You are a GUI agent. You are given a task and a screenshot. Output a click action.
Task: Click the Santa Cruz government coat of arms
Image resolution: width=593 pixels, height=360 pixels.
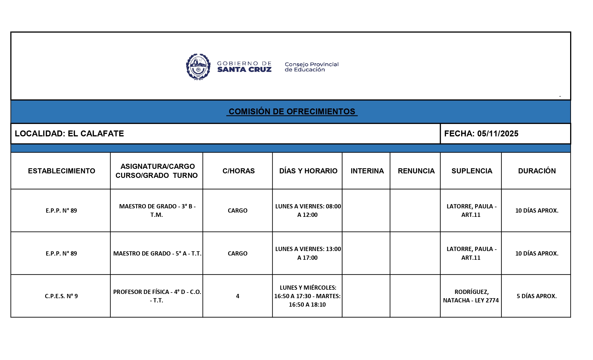[x=198, y=67]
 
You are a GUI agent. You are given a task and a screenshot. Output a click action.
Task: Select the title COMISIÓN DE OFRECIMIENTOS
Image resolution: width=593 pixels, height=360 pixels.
[x=292, y=112]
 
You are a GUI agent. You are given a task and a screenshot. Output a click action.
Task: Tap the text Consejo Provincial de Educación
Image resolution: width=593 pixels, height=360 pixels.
[x=311, y=67]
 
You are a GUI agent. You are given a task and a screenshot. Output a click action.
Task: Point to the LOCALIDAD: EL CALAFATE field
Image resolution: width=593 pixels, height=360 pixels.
[x=69, y=134]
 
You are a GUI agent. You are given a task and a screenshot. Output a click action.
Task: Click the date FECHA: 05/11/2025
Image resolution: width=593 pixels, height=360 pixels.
[x=481, y=134]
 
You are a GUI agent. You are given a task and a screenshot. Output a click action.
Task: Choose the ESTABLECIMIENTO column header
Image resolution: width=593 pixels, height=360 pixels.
[x=62, y=171]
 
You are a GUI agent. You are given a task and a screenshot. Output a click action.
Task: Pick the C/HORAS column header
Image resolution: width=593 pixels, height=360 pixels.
[x=238, y=171]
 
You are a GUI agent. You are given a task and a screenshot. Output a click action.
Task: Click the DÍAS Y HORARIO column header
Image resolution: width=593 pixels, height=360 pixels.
[x=308, y=171]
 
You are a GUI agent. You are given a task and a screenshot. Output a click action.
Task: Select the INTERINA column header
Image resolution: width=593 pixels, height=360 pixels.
[x=367, y=171]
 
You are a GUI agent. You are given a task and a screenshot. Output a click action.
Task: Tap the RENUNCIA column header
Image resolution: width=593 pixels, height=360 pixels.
[x=416, y=171]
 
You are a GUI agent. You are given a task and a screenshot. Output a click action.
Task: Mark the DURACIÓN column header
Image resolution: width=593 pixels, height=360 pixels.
[x=537, y=171]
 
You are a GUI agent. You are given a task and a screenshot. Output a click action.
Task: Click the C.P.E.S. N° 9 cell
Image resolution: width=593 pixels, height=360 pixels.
[x=61, y=296]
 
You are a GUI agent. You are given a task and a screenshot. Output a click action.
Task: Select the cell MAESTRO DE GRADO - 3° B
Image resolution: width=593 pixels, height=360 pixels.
[x=157, y=210]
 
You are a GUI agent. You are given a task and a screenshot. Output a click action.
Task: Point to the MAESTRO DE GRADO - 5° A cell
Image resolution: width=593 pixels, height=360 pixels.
[x=157, y=253]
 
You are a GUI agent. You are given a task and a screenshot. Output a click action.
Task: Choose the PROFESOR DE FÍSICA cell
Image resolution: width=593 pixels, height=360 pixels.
[x=157, y=296]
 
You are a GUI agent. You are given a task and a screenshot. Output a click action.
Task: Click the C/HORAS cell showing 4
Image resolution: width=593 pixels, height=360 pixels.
[x=237, y=296]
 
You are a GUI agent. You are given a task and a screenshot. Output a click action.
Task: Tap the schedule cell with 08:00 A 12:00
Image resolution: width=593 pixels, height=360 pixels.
[x=308, y=210]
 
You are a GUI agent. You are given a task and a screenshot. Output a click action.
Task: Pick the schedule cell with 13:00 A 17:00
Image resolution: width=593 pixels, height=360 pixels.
[x=308, y=253]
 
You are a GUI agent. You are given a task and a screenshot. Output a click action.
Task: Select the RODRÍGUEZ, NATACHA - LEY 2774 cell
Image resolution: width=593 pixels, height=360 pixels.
[x=471, y=296]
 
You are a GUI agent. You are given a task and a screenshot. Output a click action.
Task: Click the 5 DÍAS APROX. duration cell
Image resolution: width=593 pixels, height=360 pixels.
[x=537, y=296]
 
